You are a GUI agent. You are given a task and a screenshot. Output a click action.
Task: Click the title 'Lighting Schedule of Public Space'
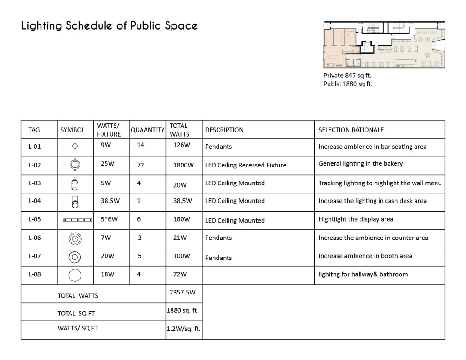[x=109, y=25]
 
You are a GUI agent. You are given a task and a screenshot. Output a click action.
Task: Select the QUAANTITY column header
[x=147, y=130]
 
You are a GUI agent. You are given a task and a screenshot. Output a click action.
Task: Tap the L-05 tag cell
[x=35, y=219]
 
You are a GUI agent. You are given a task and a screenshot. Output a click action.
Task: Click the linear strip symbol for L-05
[x=78, y=220]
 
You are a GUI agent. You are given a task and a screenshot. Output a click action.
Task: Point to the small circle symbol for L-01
[x=75, y=147]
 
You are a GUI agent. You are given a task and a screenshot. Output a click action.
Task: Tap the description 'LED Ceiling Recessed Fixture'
[x=246, y=165]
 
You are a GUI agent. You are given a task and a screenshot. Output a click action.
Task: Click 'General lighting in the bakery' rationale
[x=360, y=163]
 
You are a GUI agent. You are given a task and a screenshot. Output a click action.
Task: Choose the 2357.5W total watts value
[x=183, y=292]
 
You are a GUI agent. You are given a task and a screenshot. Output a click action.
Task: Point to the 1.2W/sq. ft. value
[x=184, y=329]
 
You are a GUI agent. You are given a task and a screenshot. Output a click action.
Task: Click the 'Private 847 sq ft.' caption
[x=347, y=76]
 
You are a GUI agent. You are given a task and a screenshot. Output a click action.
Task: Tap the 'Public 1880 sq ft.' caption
[x=348, y=84]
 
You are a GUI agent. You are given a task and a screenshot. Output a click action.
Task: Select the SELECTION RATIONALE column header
[x=351, y=130]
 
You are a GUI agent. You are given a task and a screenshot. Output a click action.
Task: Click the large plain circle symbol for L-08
[x=75, y=275]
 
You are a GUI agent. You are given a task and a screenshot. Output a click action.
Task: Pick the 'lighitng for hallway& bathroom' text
[x=363, y=274]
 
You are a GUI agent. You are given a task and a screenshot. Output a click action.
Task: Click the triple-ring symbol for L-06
[x=75, y=238]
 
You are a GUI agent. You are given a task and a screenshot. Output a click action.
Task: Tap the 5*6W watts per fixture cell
[x=109, y=219]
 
